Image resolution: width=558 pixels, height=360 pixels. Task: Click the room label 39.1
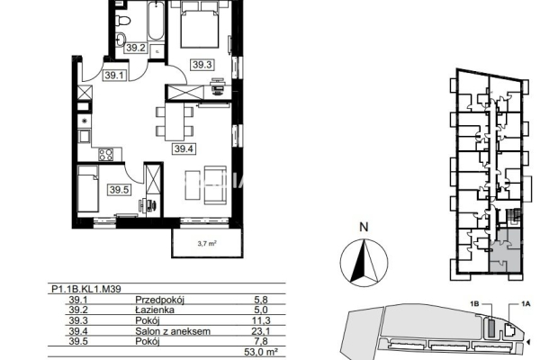pyautogui.click(x=114, y=76)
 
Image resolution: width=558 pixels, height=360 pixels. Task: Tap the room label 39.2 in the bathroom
pyautogui.click(x=136, y=48)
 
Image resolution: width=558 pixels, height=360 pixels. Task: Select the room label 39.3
pyautogui.click(x=202, y=65)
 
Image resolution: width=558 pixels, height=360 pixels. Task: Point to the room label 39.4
pyautogui.click(x=184, y=148)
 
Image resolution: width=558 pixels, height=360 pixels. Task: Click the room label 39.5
pyautogui.click(x=119, y=190)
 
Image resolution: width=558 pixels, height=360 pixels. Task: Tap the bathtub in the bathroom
pyautogui.click(x=156, y=22)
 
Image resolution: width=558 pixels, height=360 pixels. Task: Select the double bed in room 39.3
pyautogui.click(x=199, y=24)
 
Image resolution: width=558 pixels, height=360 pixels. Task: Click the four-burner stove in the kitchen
pyautogui.click(x=106, y=155)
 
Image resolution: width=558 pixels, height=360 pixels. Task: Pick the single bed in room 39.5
pyautogui.click(x=88, y=188)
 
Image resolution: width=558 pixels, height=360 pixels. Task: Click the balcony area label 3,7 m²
pyautogui.click(x=207, y=244)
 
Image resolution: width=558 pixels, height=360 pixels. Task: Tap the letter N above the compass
pyautogui.click(x=364, y=227)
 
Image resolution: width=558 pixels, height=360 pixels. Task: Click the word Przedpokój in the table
pyautogui.click(x=159, y=300)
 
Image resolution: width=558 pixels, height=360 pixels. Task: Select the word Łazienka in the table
pyautogui.click(x=155, y=310)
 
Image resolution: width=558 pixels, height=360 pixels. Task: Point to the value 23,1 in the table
pyautogui.click(x=261, y=331)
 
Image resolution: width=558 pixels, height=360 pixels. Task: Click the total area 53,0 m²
pyautogui.click(x=261, y=352)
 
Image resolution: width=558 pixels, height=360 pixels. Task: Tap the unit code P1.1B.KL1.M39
pyautogui.click(x=86, y=289)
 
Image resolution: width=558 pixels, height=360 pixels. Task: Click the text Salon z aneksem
pyautogui.click(x=173, y=331)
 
